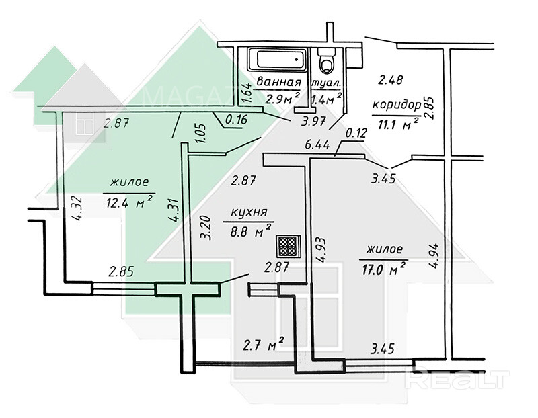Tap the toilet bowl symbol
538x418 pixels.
click(x=326, y=60)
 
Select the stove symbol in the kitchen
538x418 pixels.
click(x=289, y=246)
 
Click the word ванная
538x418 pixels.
click(x=278, y=82)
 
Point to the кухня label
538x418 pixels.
click(x=249, y=212)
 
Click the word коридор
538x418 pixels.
click(x=397, y=105)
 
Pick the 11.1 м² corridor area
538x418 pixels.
click(x=397, y=124)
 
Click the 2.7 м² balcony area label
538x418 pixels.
click(x=263, y=345)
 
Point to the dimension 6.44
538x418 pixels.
click(x=317, y=145)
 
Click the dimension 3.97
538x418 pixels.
click(x=313, y=121)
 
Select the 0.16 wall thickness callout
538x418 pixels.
click(x=236, y=120)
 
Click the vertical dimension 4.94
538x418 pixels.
click(x=434, y=256)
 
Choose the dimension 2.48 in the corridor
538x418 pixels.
click(x=390, y=80)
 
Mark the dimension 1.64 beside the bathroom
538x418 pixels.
click(x=247, y=93)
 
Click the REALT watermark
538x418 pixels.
click(x=457, y=379)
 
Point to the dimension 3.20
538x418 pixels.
click(x=205, y=227)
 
